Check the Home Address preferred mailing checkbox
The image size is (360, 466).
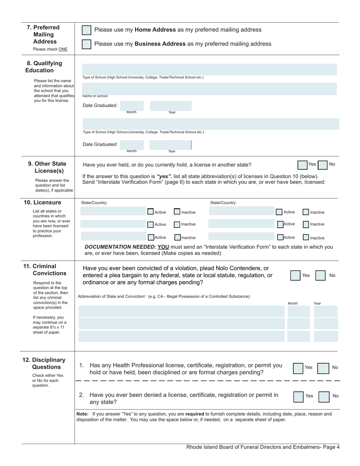click(87, 30)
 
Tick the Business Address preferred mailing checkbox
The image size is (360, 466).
click(87, 44)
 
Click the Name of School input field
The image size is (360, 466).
click(209, 89)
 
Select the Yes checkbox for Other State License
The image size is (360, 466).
click(302, 165)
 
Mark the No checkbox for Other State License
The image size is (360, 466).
click(322, 165)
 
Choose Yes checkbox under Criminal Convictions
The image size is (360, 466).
click(296, 275)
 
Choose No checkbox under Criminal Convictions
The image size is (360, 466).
click(321, 275)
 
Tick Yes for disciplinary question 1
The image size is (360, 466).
click(298, 368)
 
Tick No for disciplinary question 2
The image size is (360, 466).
click(324, 397)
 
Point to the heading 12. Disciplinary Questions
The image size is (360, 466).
click(44, 363)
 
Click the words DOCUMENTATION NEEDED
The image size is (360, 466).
click(120, 247)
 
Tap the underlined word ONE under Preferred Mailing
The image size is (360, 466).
click(63, 49)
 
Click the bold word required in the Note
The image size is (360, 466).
click(195, 414)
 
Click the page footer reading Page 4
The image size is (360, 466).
click(331, 447)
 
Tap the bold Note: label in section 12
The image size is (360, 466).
click(83, 414)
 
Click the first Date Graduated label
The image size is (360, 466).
click(100, 105)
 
